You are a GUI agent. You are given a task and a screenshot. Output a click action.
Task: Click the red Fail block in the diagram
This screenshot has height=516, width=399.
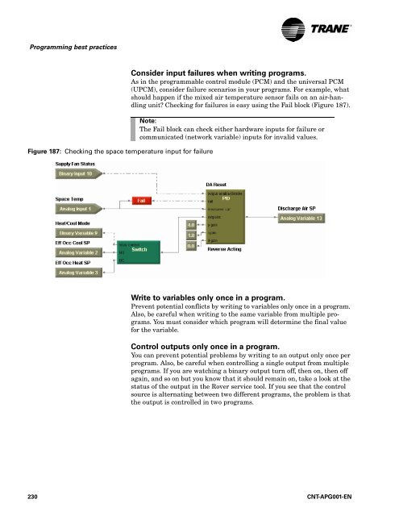click(x=142, y=199)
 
